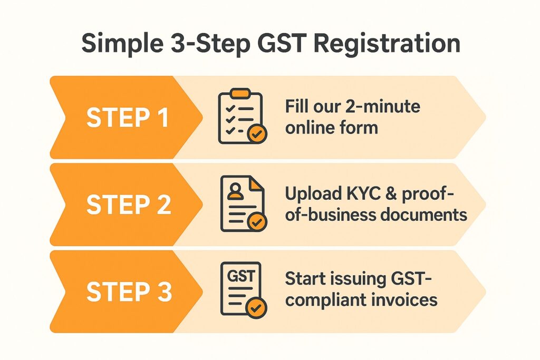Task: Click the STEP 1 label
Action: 128,118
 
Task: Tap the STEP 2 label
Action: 129,205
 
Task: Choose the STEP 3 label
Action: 129,291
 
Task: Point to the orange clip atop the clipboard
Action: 240,93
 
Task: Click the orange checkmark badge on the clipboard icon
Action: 257,134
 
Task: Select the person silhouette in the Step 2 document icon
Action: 236,191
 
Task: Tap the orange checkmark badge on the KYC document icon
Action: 257,222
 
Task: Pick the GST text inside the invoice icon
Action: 240,276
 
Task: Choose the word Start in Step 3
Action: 304,278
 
